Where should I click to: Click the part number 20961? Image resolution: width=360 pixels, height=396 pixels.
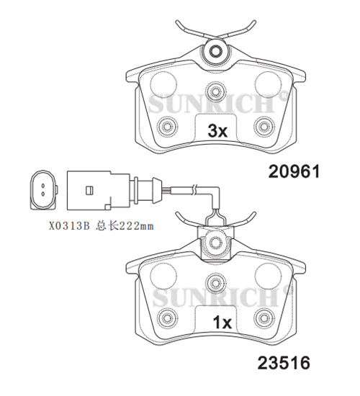point(294,171)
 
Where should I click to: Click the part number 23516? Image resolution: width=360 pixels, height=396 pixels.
point(284,363)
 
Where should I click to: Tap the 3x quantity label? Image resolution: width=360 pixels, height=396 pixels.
point(217,131)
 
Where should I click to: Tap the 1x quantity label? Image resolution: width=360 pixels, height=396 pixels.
point(222,323)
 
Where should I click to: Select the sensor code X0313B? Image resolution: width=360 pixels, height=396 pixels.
point(69,226)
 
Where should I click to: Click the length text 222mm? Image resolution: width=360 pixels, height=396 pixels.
point(136,226)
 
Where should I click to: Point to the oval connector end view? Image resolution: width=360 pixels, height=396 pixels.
point(43,190)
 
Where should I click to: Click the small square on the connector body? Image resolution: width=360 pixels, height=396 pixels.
point(89,190)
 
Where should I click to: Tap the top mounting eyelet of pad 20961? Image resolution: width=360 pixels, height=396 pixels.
point(215,51)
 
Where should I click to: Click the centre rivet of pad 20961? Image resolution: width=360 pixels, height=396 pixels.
point(215,91)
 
